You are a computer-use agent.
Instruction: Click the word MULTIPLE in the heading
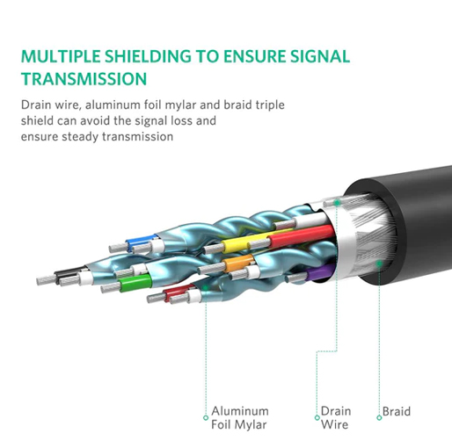tap(61, 56)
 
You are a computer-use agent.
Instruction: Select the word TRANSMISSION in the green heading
tap(84, 79)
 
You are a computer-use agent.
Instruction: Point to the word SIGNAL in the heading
tap(320, 56)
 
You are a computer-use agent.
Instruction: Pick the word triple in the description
tap(270, 105)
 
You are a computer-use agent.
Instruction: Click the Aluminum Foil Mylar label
tap(240, 417)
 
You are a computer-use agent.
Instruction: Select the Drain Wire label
tap(336, 417)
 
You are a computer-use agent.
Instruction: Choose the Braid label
tap(397, 411)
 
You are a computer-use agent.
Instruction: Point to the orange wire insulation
tap(238, 263)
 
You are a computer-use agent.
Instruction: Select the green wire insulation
tap(135, 283)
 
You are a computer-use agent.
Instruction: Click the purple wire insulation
tap(319, 272)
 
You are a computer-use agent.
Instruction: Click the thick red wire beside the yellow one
tap(302, 235)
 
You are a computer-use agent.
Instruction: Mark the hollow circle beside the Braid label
tap(379, 417)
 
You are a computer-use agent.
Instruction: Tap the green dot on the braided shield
tap(379, 264)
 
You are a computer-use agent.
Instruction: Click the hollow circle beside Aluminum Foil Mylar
tap(206, 417)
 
